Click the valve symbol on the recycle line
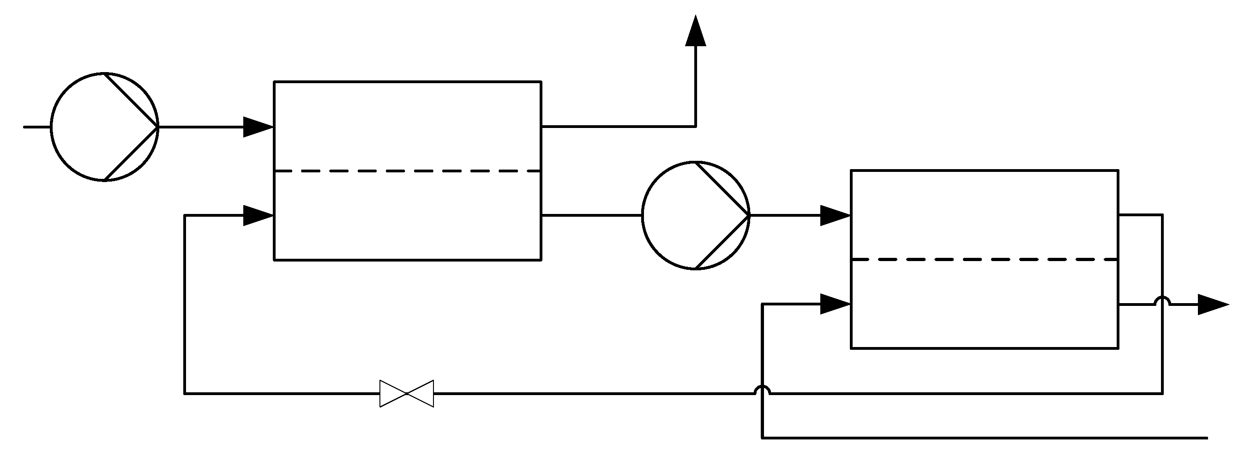click(x=406, y=393)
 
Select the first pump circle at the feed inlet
click(x=104, y=127)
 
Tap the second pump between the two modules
click(x=696, y=215)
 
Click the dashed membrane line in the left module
click(x=408, y=171)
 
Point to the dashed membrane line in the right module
click(x=984, y=260)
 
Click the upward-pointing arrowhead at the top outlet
click(x=696, y=31)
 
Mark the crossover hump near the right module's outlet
click(x=1162, y=300)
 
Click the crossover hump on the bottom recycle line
click(x=762, y=390)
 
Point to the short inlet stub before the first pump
click(x=37, y=127)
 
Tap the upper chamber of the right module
click(x=984, y=215)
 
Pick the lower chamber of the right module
click(x=984, y=304)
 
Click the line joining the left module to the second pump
click(x=592, y=215)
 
